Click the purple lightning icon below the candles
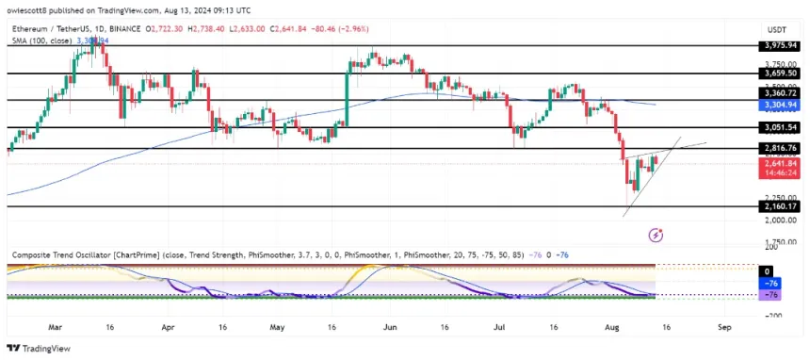pyautogui.click(x=657, y=233)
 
